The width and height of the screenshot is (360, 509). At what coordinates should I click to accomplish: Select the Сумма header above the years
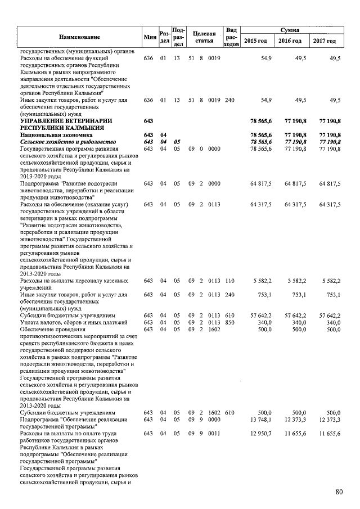289,29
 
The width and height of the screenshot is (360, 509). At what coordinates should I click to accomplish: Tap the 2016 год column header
290,41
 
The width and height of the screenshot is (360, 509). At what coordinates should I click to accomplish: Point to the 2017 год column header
325,41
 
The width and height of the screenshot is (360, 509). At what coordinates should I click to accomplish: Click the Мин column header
149,37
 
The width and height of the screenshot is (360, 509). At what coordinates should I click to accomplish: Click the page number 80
339,492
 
